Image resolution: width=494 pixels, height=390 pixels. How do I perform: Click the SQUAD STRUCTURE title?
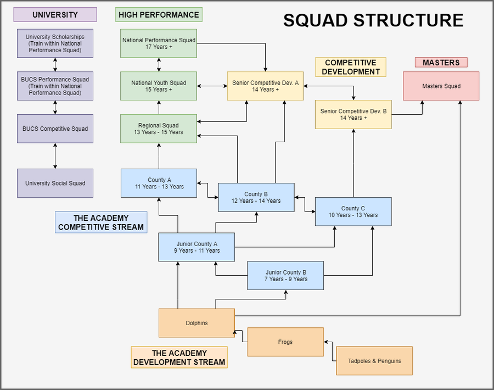(373, 20)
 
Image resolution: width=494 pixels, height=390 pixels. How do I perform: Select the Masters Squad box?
(441, 86)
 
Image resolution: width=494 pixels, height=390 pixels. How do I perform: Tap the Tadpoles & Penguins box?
(374, 361)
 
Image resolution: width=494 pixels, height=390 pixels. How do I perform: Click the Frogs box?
(285, 342)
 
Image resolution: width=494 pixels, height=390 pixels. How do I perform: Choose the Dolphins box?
(197, 323)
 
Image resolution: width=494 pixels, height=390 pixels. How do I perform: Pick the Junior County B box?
(285, 275)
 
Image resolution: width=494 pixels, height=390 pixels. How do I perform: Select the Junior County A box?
(197, 247)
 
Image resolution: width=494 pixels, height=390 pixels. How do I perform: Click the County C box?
(353, 211)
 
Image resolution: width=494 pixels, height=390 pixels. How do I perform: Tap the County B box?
(256, 197)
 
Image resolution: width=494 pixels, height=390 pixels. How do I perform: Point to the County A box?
(159, 183)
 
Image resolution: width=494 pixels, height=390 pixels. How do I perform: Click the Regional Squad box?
(159, 129)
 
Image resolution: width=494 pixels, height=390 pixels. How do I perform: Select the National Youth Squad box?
(159, 86)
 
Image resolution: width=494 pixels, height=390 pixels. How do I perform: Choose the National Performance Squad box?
(159, 43)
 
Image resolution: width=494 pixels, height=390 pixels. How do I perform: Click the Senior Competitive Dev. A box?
(265, 86)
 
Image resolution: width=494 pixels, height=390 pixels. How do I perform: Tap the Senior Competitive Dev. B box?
(353, 114)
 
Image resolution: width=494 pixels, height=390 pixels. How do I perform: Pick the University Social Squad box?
(55, 183)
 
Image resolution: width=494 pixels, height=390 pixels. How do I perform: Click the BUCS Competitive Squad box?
(55, 129)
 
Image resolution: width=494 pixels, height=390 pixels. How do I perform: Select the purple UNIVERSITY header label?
(55, 15)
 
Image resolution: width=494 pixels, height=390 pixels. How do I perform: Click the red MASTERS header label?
(441, 63)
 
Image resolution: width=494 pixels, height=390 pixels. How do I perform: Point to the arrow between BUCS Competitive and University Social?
(55, 156)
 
